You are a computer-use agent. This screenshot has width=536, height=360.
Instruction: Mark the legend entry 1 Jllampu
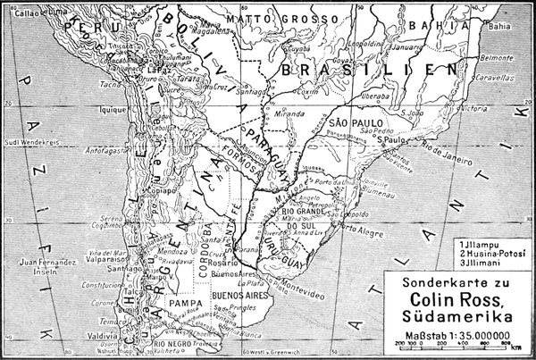[x=480, y=244]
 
